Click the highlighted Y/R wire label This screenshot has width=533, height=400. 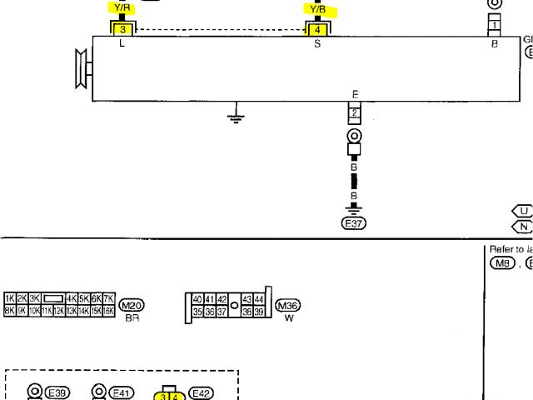click(x=122, y=9)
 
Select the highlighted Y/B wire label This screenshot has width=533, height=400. click(x=317, y=10)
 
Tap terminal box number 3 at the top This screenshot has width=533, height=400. click(x=122, y=29)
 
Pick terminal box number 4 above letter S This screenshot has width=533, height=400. click(x=316, y=29)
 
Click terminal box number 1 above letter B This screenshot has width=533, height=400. click(x=494, y=26)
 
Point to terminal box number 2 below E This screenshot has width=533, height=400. click(x=354, y=112)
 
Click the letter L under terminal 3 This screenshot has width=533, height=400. click(x=122, y=43)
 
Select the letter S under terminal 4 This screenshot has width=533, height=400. click(x=316, y=43)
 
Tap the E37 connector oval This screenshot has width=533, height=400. click(x=354, y=222)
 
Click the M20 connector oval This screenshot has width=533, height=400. click(x=132, y=305)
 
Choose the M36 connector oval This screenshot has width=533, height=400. click(x=287, y=305)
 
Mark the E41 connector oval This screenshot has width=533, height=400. click(x=123, y=392)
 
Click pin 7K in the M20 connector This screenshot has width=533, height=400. click(x=108, y=298)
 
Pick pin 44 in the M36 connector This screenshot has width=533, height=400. click(x=259, y=299)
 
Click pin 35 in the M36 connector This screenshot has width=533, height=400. click(x=197, y=312)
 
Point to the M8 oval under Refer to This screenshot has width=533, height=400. click(x=502, y=264)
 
